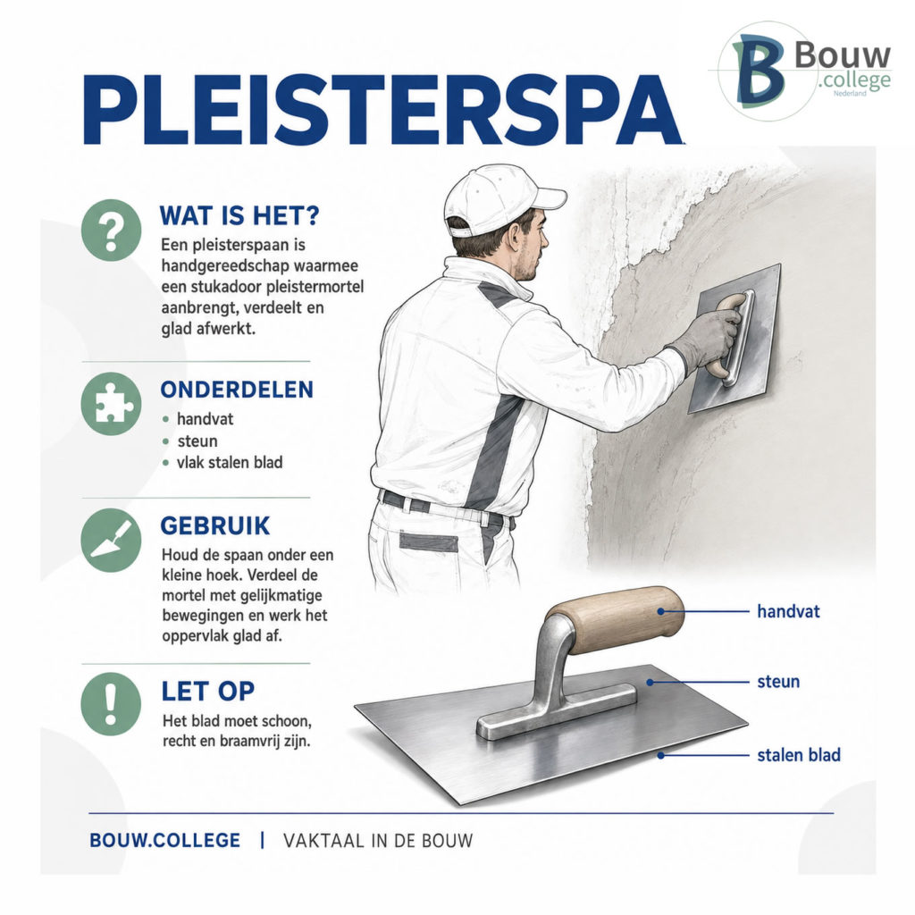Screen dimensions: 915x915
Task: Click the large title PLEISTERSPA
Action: [x=382, y=110]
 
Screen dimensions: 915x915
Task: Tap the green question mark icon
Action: [x=111, y=230]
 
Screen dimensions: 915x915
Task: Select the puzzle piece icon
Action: [x=111, y=404]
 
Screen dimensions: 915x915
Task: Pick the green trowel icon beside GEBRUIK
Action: [x=111, y=540]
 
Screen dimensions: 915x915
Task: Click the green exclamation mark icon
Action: [x=111, y=704]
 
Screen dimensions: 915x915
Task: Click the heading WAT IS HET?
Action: [x=239, y=215]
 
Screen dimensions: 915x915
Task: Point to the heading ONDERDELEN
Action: [x=237, y=390]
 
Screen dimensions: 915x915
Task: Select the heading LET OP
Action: [x=208, y=691]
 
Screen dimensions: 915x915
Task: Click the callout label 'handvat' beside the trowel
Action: [x=788, y=611]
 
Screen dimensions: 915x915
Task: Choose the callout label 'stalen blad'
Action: [x=799, y=754]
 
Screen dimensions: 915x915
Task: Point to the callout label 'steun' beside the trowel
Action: [x=778, y=681]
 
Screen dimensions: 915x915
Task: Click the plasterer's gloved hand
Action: [x=709, y=339]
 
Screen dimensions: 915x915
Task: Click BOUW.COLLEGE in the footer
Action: [x=164, y=840]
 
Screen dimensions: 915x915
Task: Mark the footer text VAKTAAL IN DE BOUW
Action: [x=378, y=840]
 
